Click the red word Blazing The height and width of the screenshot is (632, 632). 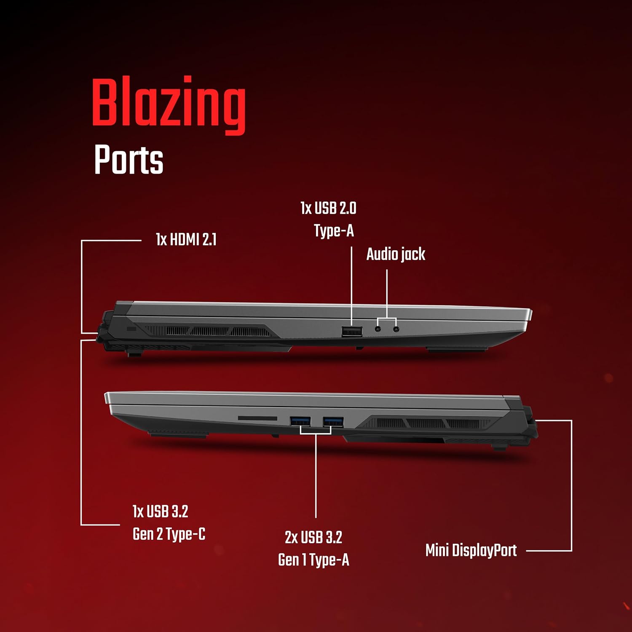(x=169, y=105)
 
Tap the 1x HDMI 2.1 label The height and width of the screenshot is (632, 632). (x=186, y=240)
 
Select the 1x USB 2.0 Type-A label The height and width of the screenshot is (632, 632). (x=328, y=220)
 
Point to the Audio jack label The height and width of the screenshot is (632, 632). (x=396, y=254)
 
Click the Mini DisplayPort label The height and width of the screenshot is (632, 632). (x=471, y=550)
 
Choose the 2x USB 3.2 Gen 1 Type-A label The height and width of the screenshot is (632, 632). (x=313, y=549)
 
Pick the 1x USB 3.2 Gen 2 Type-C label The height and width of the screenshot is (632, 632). (x=169, y=523)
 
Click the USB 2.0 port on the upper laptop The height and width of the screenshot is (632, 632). (x=352, y=332)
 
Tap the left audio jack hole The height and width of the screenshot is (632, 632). (x=378, y=329)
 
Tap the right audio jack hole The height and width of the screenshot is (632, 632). (x=396, y=329)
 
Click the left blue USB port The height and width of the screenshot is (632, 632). (x=300, y=421)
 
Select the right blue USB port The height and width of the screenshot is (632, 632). (x=333, y=421)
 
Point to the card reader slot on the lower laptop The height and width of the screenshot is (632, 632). (x=257, y=418)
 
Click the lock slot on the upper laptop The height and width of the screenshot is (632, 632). (x=131, y=328)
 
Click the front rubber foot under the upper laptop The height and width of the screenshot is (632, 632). (x=457, y=349)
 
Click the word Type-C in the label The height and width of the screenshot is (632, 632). (x=185, y=534)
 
